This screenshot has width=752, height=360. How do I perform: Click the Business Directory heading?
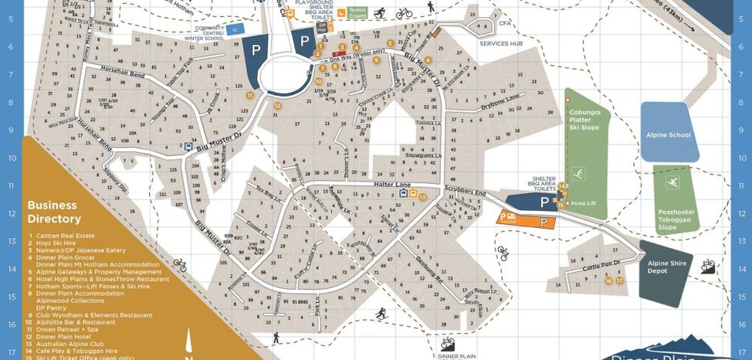point(53,212)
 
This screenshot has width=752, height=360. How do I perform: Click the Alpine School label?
point(669,135)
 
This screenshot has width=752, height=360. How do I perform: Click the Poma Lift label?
point(584,203)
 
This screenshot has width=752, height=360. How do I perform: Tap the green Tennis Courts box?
point(357,13)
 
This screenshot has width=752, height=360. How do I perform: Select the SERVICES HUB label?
point(501,43)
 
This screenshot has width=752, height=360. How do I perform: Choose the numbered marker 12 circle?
point(276,106)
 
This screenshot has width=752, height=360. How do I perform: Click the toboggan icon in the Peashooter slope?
point(672,183)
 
